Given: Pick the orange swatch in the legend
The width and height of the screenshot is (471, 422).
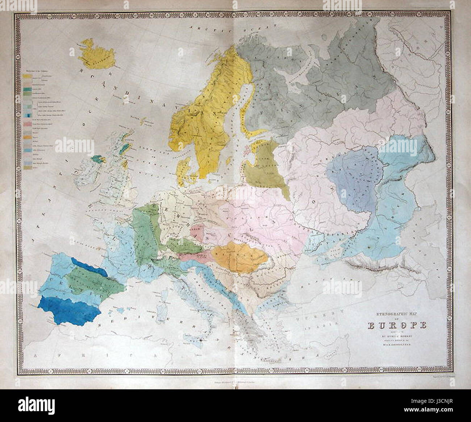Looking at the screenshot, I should [x=27, y=138].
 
